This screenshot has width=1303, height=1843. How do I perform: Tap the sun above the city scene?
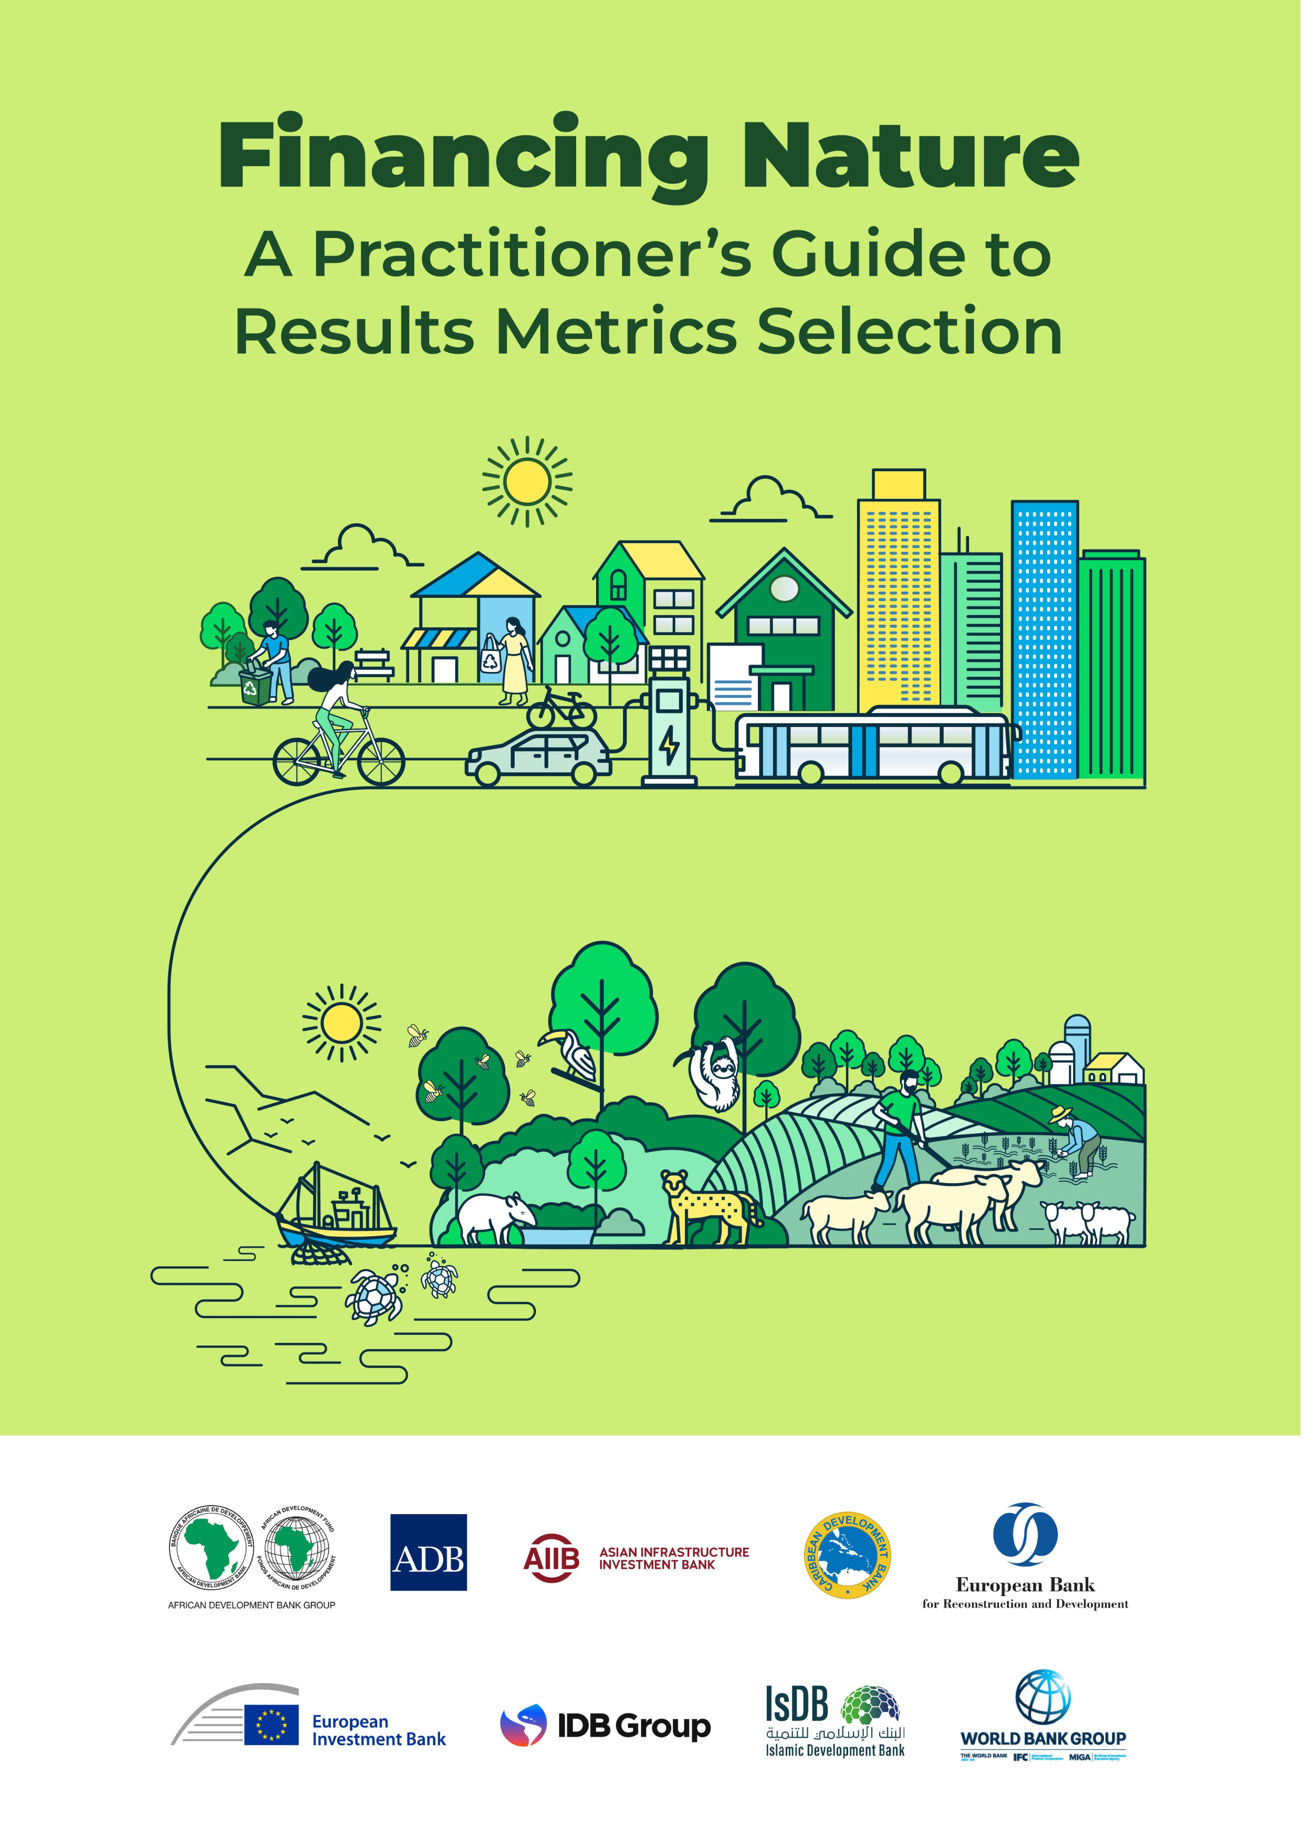click(527, 482)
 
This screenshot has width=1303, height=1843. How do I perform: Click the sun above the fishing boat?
click(341, 1023)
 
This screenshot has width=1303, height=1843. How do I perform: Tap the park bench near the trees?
click(374, 663)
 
